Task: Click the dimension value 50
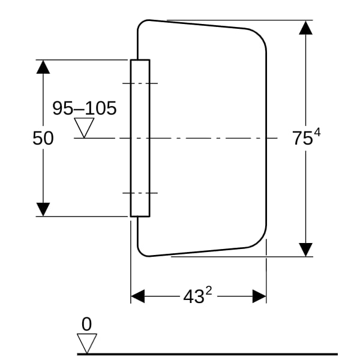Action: [x=43, y=138]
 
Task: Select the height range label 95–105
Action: [x=85, y=108]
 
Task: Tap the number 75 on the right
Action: [x=302, y=138]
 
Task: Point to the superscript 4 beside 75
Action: [x=317, y=132]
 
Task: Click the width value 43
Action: [x=194, y=296]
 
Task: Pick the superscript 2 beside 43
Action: [x=209, y=291]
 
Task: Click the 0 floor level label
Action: [x=86, y=324]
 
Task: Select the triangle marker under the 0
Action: [x=87, y=343]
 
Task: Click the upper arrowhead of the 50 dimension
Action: [x=43, y=67]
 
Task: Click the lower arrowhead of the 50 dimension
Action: [x=43, y=209]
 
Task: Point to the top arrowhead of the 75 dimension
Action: [x=305, y=28]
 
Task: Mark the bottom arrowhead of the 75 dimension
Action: [x=305, y=250]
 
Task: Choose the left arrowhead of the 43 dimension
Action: [x=138, y=296]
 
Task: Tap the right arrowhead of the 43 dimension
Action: [x=259, y=296]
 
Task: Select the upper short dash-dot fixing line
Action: [x=140, y=83]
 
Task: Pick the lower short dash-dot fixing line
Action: [x=140, y=193]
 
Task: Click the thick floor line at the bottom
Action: [x=208, y=354]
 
